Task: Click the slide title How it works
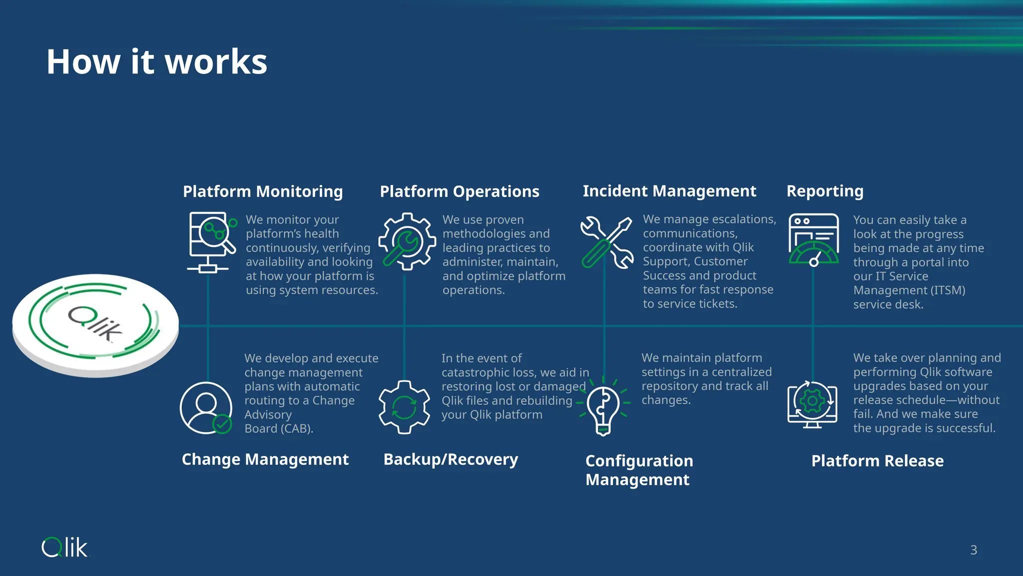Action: (157, 62)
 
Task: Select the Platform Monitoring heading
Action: (263, 191)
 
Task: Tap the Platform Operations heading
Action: (460, 191)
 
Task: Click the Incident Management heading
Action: (669, 191)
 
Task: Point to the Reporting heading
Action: (825, 191)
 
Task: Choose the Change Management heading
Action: (265, 459)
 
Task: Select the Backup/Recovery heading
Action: (451, 459)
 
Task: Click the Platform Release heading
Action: (877, 460)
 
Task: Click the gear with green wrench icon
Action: (407, 242)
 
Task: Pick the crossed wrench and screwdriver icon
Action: (606, 242)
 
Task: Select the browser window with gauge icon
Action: (813, 239)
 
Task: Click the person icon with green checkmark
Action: (206, 407)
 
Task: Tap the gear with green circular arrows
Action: (404, 407)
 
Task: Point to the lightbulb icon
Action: (603, 406)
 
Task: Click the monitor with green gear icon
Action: (812, 404)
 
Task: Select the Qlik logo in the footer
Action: (64, 547)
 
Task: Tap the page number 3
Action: (973, 550)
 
